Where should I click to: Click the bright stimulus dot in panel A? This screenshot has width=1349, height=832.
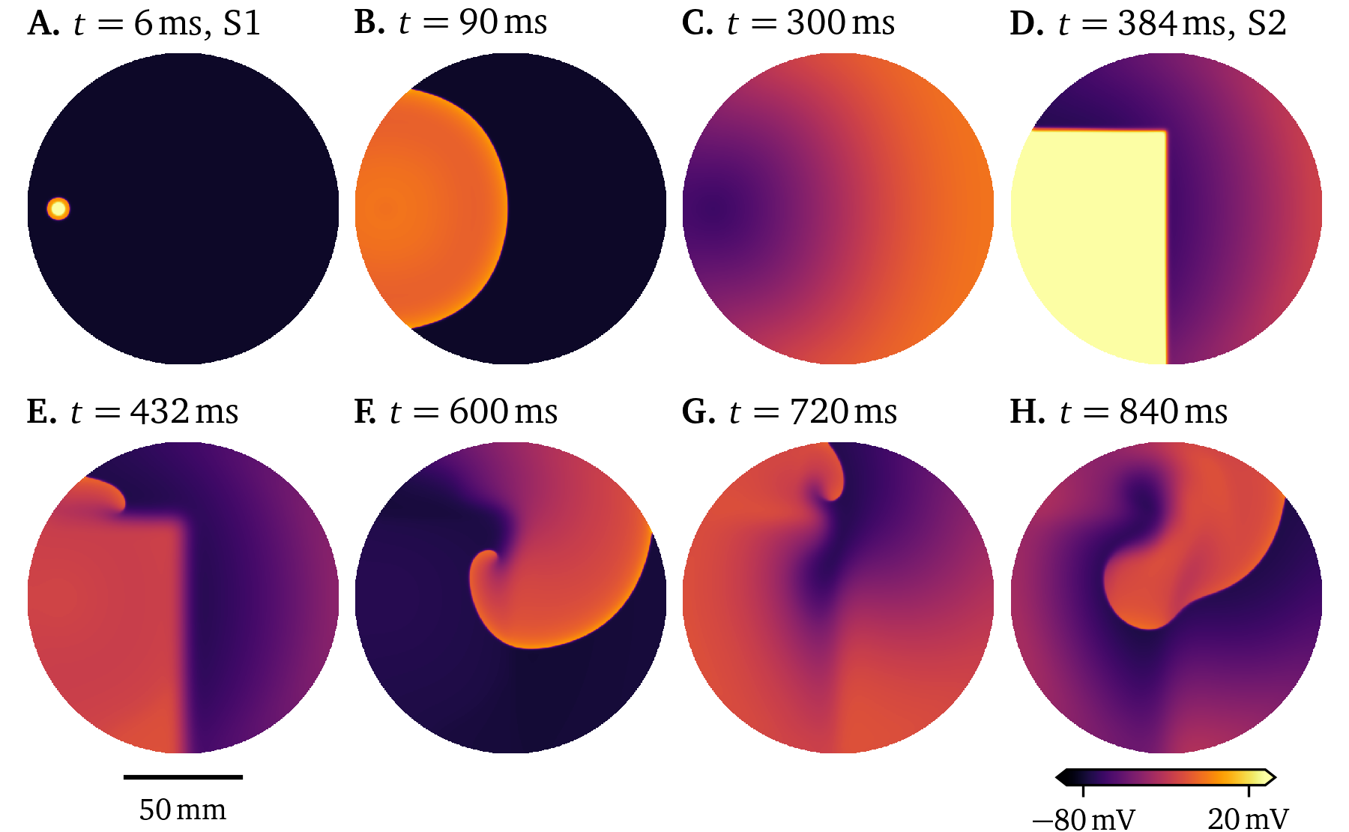(x=58, y=208)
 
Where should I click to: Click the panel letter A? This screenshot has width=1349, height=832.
(x=42, y=24)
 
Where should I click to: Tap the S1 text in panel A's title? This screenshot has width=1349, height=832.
(x=242, y=24)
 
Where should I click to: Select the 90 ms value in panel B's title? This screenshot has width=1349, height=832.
(x=503, y=22)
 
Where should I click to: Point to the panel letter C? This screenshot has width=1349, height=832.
(x=696, y=24)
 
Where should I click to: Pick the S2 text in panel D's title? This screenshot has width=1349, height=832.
(x=1267, y=24)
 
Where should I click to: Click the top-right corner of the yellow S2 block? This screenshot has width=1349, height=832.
(x=1165, y=132)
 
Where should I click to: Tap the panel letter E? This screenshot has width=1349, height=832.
(x=40, y=412)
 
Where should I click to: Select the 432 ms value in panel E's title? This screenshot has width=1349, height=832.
(x=184, y=412)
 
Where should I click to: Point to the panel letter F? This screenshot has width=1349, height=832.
(x=364, y=412)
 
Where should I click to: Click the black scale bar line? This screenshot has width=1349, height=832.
(x=183, y=777)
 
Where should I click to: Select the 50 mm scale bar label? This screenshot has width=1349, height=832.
(x=183, y=810)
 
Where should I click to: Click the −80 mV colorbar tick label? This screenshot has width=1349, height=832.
(x=1084, y=819)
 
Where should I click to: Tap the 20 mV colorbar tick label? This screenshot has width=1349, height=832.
(x=1248, y=819)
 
